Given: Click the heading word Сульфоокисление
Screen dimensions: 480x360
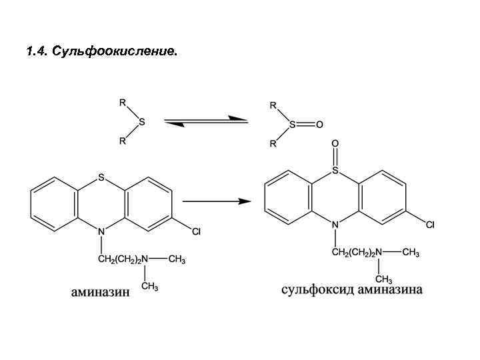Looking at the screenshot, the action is click(120, 51).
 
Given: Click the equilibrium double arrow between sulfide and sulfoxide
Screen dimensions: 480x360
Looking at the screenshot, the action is click(206, 121).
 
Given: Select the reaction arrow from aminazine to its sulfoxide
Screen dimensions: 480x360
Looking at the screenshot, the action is click(217, 200).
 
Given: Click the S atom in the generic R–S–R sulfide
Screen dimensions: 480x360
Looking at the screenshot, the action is click(142, 122).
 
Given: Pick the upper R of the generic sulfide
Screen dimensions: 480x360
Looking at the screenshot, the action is click(121, 103).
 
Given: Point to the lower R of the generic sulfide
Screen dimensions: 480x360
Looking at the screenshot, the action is click(121, 141).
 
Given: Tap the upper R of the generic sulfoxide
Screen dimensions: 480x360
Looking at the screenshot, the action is click(273, 105).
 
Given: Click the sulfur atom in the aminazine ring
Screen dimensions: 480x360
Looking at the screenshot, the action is click(101, 177).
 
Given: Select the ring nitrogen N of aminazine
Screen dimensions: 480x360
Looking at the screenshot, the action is click(101, 231).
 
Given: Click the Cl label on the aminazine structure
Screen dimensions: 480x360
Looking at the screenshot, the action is click(196, 232).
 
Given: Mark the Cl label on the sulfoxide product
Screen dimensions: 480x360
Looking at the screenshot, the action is click(430, 225).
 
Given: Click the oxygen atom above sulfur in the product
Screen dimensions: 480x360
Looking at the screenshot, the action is click(335, 143).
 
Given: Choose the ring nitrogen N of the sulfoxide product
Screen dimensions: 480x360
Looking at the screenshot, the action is click(335, 225).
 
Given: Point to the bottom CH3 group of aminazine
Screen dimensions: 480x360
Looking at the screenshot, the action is click(149, 287).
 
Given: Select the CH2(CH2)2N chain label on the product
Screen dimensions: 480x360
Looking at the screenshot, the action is click(357, 252).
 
